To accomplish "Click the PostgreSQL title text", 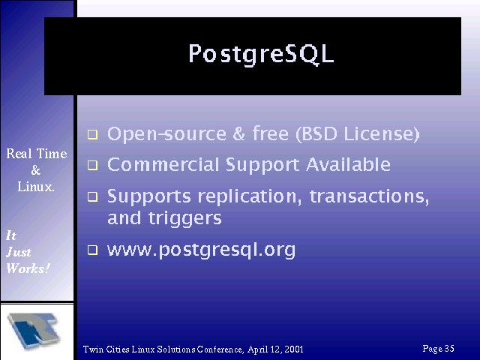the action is (261, 55).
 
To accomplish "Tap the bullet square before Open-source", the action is (92, 135).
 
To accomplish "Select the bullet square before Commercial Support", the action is (92, 165).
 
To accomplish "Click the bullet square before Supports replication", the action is (92, 196).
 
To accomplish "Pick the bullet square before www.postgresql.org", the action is (92, 250).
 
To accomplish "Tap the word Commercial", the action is (163, 164).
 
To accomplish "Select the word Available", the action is (348, 164).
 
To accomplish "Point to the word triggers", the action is (185, 219).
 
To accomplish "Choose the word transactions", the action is (370, 196).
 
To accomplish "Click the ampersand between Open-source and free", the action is (238, 133).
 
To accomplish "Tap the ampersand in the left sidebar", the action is (35, 170).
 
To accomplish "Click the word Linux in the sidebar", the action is (35, 187).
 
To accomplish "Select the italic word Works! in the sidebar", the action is (28, 268).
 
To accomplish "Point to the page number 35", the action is (449, 348).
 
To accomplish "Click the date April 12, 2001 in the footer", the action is (275, 349).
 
